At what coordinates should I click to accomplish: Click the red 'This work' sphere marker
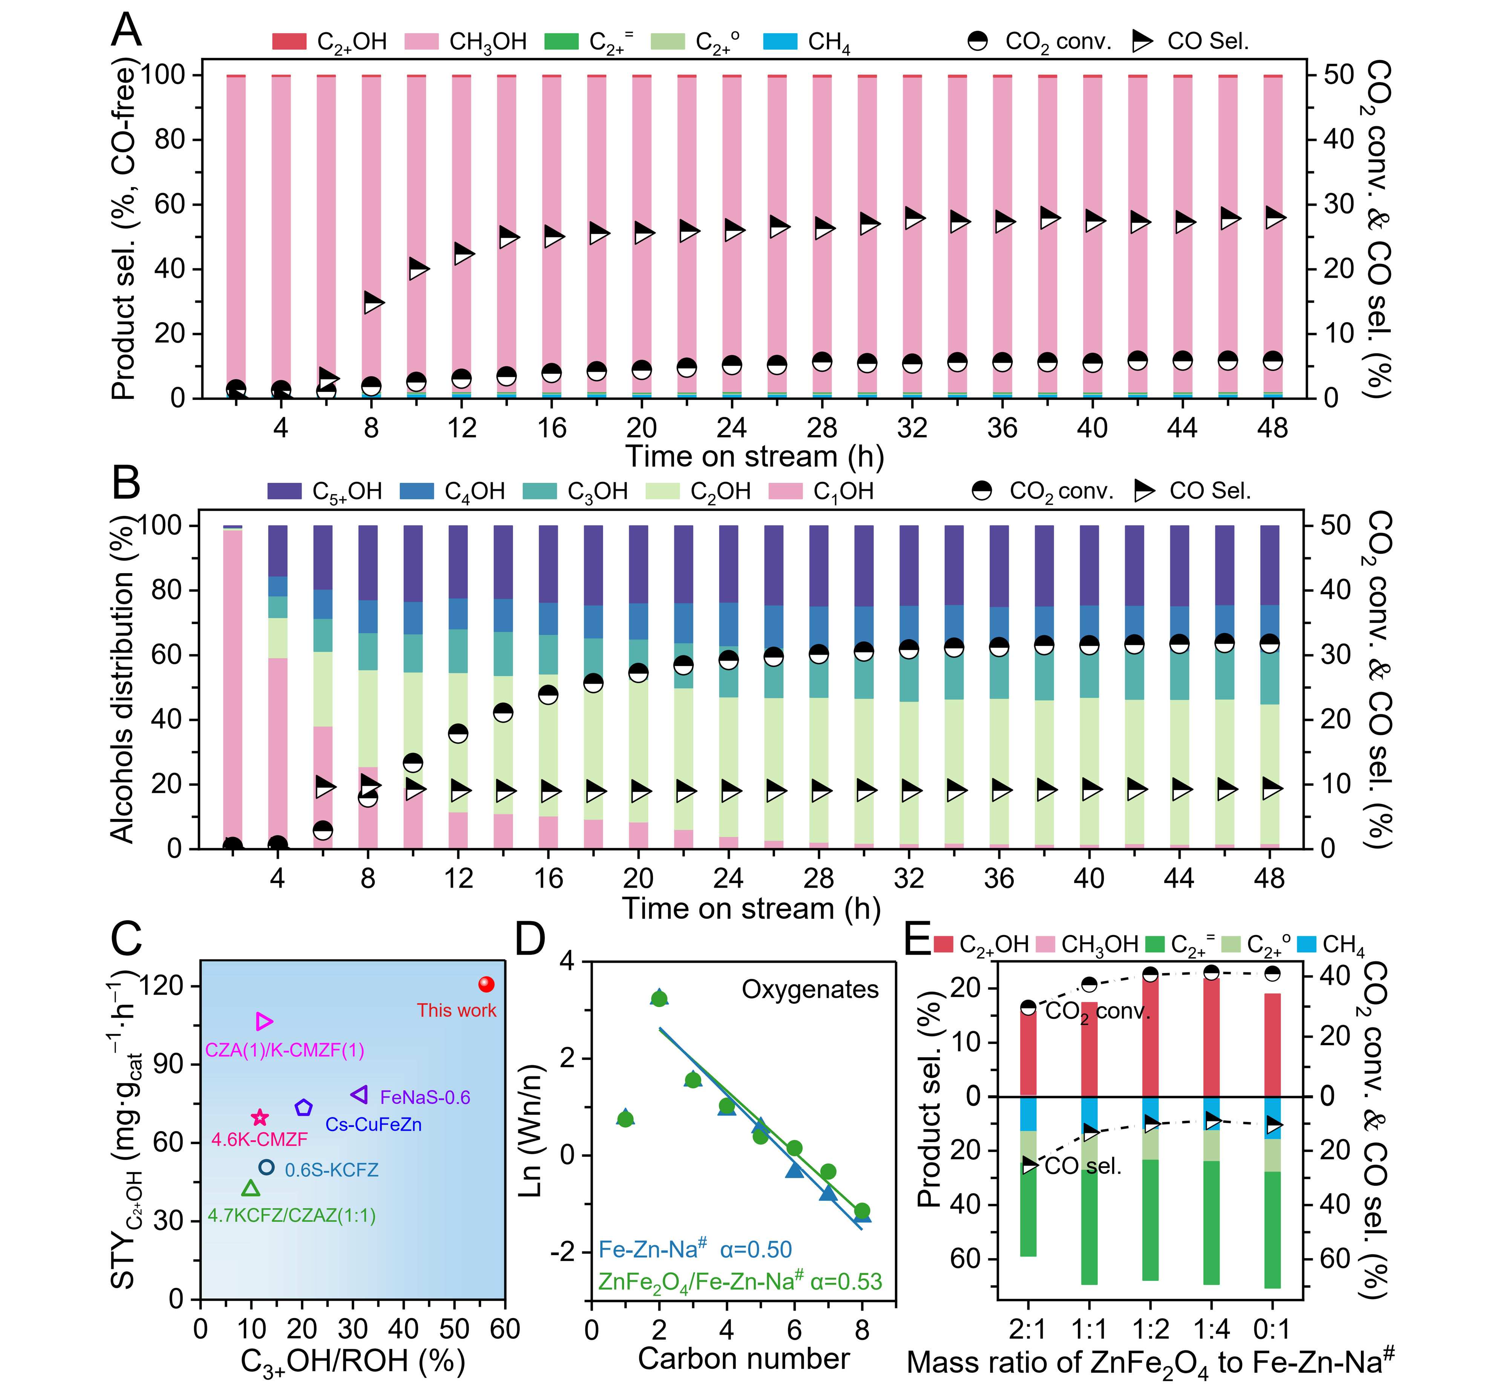tap(486, 984)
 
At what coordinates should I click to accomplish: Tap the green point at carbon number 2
tap(659, 999)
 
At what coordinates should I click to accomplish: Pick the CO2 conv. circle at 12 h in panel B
tap(458, 733)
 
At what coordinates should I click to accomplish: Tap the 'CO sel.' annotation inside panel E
tap(1083, 1166)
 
